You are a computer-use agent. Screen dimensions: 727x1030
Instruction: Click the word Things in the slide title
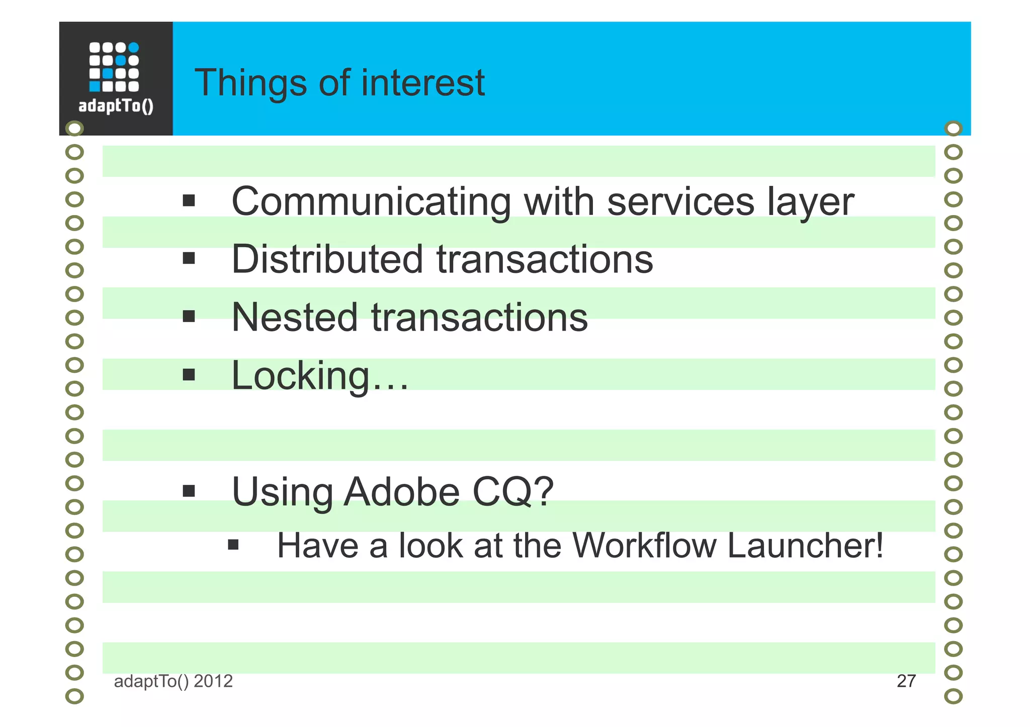(250, 83)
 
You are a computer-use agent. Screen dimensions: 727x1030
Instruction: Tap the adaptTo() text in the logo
(116, 107)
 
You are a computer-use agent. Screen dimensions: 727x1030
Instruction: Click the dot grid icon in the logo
(114, 67)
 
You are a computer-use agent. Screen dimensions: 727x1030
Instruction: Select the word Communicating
(371, 202)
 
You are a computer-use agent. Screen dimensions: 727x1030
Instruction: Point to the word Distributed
(327, 260)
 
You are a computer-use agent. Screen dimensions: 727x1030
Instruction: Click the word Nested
(294, 318)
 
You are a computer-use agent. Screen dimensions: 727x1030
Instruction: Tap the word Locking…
(320, 376)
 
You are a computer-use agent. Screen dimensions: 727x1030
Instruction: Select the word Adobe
(401, 492)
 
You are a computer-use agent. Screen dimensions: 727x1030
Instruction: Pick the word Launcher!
(805, 546)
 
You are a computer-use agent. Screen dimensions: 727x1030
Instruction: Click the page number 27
(906, 681)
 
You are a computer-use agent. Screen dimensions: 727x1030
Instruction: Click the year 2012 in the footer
(213, 681)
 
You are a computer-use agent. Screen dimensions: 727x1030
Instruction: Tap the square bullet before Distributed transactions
(189, 259)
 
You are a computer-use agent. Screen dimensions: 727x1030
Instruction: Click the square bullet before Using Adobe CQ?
(189, 491)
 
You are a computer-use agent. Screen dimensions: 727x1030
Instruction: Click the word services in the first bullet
(680, 202)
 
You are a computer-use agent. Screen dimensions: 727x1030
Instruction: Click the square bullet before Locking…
(189, 375)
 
